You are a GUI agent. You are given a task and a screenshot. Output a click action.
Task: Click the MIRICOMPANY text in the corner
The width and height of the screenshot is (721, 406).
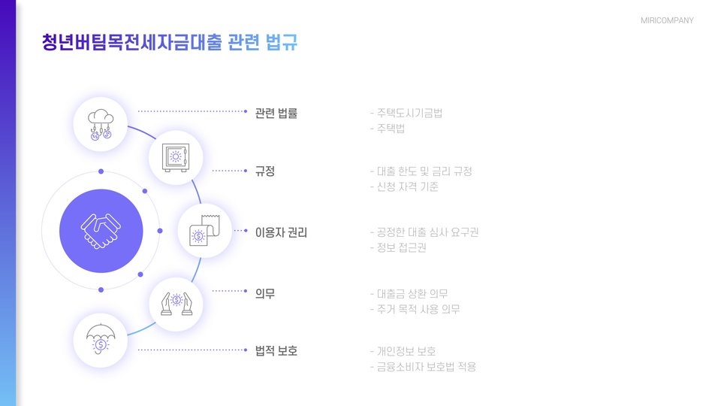point(667,20)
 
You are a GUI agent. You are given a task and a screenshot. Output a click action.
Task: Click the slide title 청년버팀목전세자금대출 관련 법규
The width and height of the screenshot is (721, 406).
point(170,42)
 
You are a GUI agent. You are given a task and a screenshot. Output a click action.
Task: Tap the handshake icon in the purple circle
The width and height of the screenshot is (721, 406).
point(101,230)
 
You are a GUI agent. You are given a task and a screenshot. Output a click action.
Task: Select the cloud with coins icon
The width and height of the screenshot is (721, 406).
point(101,124)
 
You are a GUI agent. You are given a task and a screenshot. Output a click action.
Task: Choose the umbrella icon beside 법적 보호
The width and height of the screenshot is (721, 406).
point(101,340)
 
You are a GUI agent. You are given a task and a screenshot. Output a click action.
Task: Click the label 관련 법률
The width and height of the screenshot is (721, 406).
point(276,114)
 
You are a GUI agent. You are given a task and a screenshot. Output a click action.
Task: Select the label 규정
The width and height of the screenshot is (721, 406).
point(265,171)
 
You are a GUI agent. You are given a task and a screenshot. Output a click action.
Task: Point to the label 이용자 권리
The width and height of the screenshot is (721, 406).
point(282,232)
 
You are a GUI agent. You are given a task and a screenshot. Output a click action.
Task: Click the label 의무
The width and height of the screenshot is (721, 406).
point(265,293)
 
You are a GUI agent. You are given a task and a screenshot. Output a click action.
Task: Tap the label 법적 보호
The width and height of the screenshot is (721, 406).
point(276,350)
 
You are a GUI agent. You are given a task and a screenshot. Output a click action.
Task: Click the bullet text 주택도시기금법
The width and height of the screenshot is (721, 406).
point(409,114)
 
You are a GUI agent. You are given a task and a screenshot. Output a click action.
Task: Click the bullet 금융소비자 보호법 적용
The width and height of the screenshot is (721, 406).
point(427,367)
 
